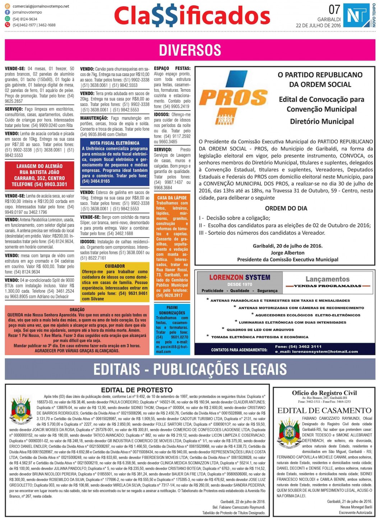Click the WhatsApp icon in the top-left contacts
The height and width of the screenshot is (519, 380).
(8, 19)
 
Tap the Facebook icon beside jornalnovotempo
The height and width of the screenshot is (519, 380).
(8, 13)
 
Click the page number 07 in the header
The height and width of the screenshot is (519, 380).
(334, 9)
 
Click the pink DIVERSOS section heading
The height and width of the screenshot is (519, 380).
(190, 50)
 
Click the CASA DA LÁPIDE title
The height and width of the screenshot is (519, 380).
(172, 198)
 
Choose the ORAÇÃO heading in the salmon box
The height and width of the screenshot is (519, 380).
(77, 309)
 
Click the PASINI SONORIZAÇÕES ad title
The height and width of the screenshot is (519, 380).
(172, 310)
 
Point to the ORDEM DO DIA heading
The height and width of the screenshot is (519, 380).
(286, 208)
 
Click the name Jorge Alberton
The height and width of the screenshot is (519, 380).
(287, 252)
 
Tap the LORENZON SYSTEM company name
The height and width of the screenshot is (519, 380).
(240, 277)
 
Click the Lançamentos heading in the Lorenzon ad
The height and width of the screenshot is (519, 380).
(327, 279)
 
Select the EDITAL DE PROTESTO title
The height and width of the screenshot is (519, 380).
(137, 390)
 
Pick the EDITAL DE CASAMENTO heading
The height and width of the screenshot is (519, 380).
(324, 410)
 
